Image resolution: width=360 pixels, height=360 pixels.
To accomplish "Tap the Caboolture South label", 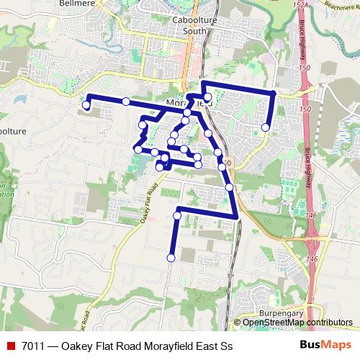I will [194, 27].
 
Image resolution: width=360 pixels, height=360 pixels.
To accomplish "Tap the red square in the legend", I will [10, 346].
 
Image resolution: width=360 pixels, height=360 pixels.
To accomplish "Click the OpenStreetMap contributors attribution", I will [297, 323].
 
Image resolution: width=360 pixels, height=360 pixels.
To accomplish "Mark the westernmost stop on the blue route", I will [86, 105].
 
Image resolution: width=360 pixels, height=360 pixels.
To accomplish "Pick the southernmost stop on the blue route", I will [171, 258].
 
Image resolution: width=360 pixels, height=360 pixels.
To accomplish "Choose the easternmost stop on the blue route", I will [266, 127].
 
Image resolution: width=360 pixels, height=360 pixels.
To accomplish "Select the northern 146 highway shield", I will [310, 214].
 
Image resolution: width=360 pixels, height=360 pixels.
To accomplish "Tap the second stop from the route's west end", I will [126, 102].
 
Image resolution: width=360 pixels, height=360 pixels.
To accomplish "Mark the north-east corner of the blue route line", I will [274, 94].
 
